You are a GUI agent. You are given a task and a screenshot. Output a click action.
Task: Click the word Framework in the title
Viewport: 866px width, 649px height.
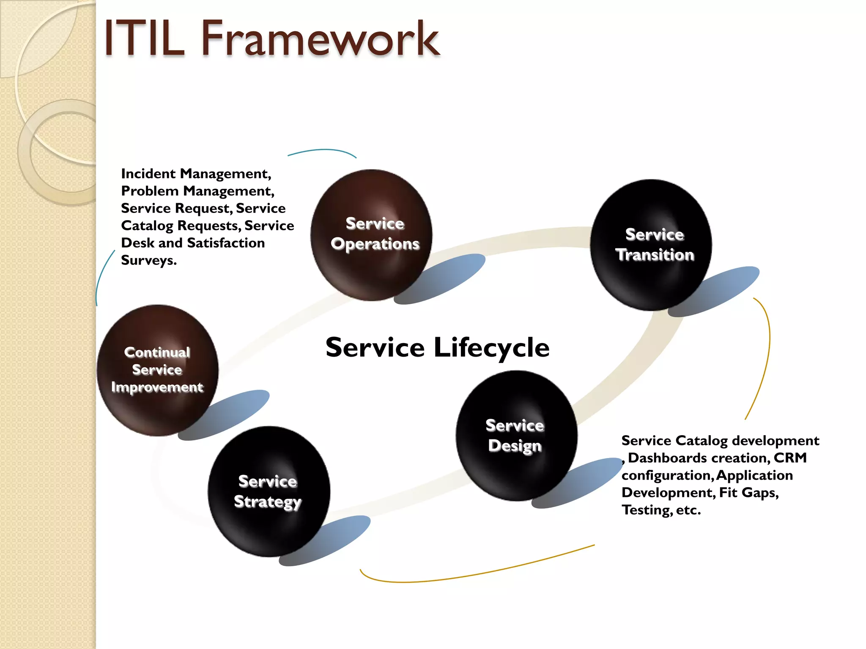pos(321,39)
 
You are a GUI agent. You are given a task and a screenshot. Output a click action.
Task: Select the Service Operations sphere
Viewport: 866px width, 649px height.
pos(371,235)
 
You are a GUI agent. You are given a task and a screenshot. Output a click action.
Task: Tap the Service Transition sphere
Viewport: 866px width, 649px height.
pos(651,245)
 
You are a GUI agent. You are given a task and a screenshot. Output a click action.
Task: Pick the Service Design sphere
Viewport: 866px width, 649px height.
pos(516,436)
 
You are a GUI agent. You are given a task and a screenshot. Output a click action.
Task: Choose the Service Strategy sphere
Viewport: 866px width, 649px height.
pos(269,491)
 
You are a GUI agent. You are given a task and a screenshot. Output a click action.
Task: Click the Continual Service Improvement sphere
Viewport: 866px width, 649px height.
pos(157,370)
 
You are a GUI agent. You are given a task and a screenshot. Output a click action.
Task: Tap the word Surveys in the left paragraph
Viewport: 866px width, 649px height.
pos(148,260)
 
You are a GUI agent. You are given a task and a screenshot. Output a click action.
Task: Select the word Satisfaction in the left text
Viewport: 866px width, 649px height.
pos(226,243)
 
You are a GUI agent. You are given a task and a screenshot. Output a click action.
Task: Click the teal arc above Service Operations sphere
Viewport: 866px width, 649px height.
pos(322,150)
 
